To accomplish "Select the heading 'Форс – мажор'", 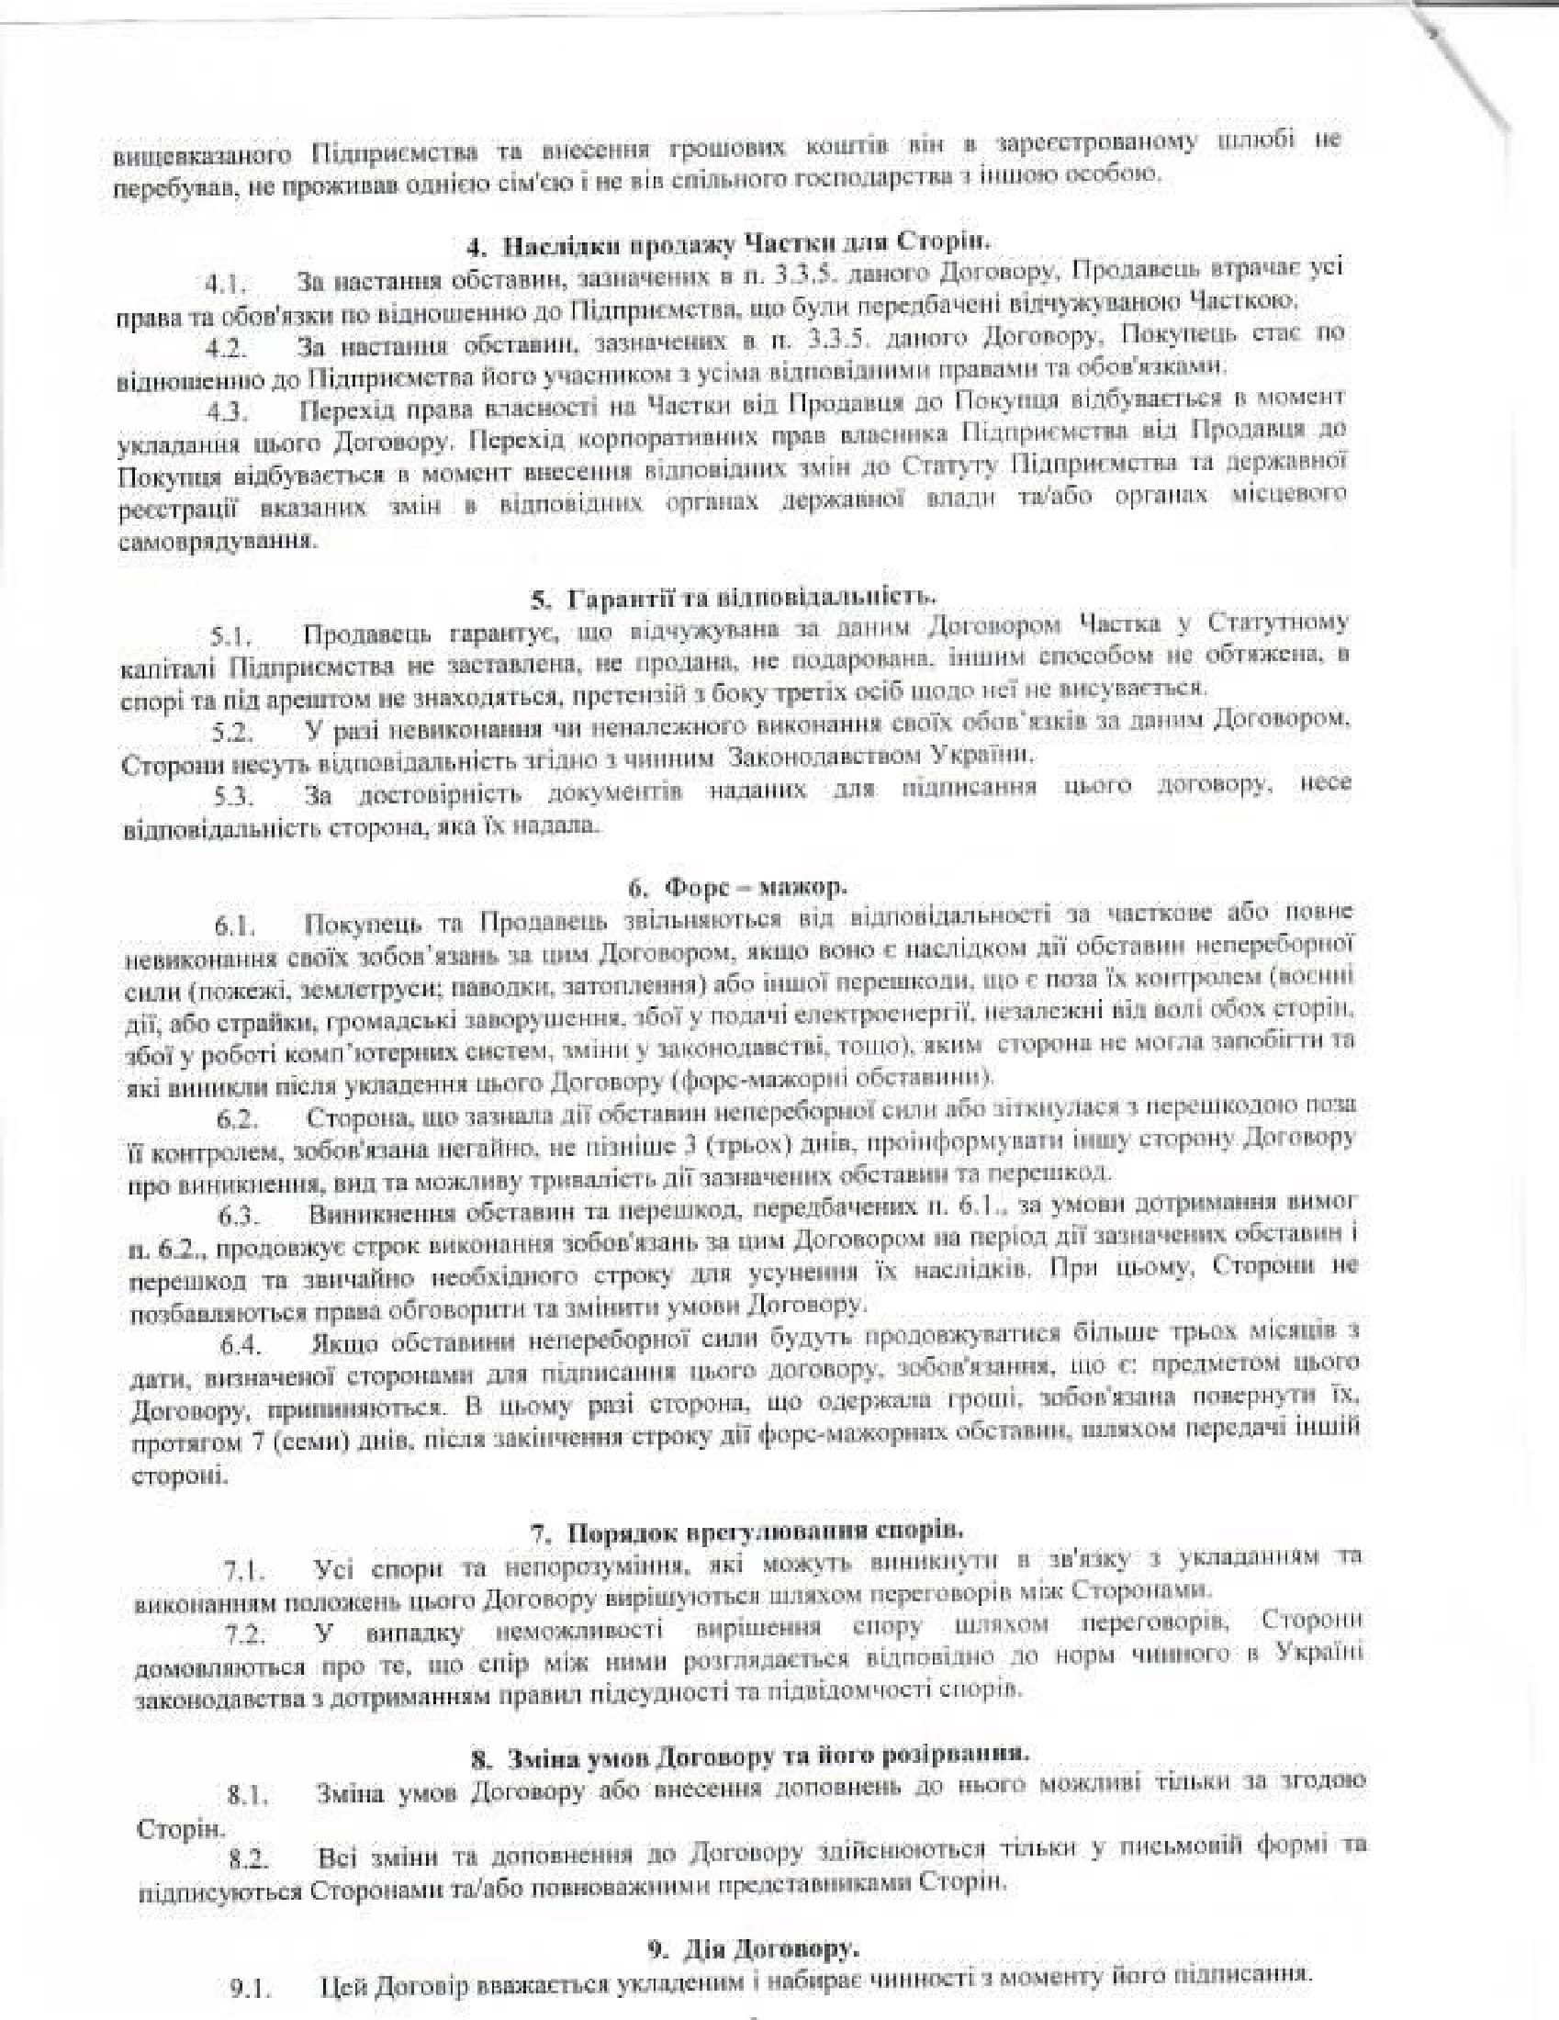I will coord(737,888).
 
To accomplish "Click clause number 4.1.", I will coord(227,281).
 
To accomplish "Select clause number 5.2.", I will coord(232,733).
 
